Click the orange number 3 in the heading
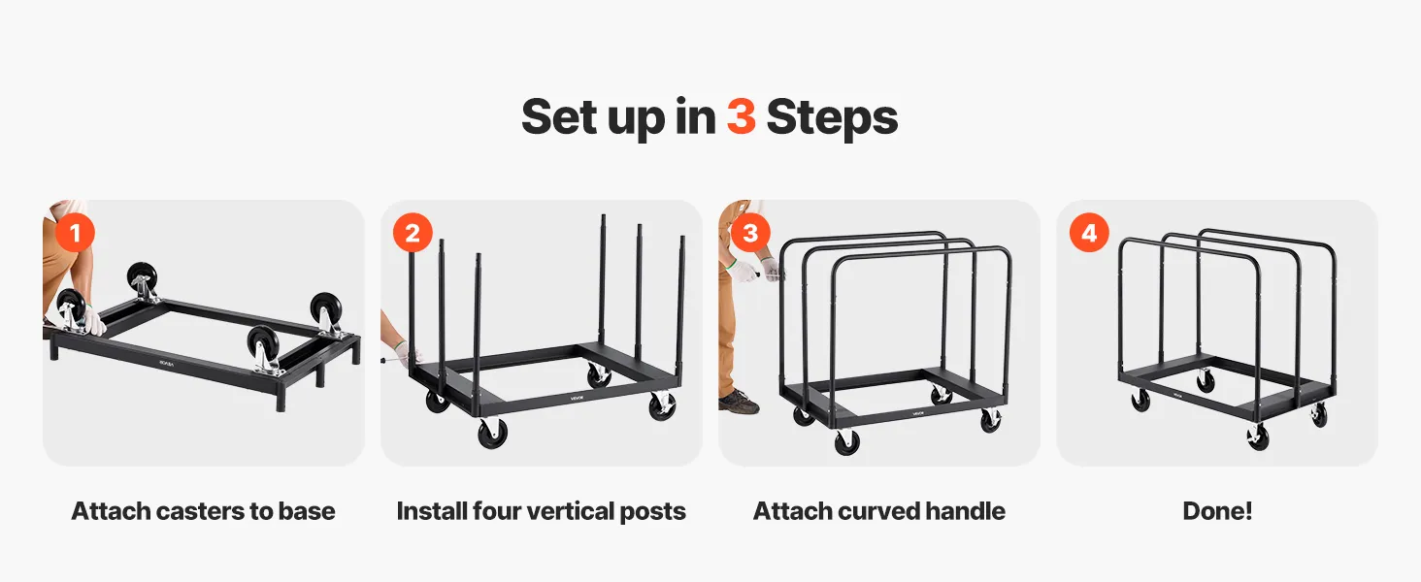coord(741,116)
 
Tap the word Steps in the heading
coord(832,118)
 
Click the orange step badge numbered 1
coord(75,233)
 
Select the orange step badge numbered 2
coord(413,233)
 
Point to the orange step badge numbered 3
coord(750,233)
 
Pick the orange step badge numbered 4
coord(1089,233)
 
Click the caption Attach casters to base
coord(203,511)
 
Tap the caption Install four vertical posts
coord(541,511)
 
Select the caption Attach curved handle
coord(879,511)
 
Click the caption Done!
coord(1217,511)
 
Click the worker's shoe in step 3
coord(739,401)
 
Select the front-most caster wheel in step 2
coord(493,434)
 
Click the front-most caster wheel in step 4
coord(1257,436)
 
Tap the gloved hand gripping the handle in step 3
coord(772,270)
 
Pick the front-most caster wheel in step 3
coord(847,442)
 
